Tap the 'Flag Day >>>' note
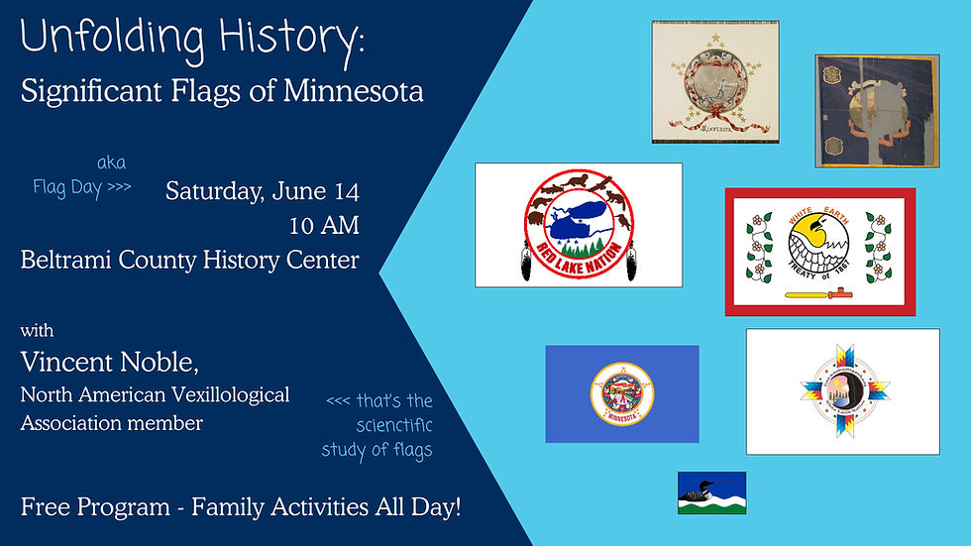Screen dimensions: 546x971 (x=81, y=186)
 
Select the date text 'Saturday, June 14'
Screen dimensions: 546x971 (x=262, y=190)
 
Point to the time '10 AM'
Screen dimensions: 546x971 (x=324, y=225)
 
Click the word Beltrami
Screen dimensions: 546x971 (x=67, y=261)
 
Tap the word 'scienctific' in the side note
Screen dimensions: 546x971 (x=394, y=426)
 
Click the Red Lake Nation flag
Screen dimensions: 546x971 (x=579, y=225)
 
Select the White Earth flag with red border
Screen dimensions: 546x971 (x=819, y=252)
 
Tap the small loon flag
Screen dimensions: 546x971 (x=711, y=492)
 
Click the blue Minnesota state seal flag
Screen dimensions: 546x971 (x=621, y=393)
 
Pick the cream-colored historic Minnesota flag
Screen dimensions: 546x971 (x=714, y=82)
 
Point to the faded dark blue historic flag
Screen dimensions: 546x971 (x=863, y=110)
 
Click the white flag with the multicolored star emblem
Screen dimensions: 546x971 (x=842, y=391)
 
